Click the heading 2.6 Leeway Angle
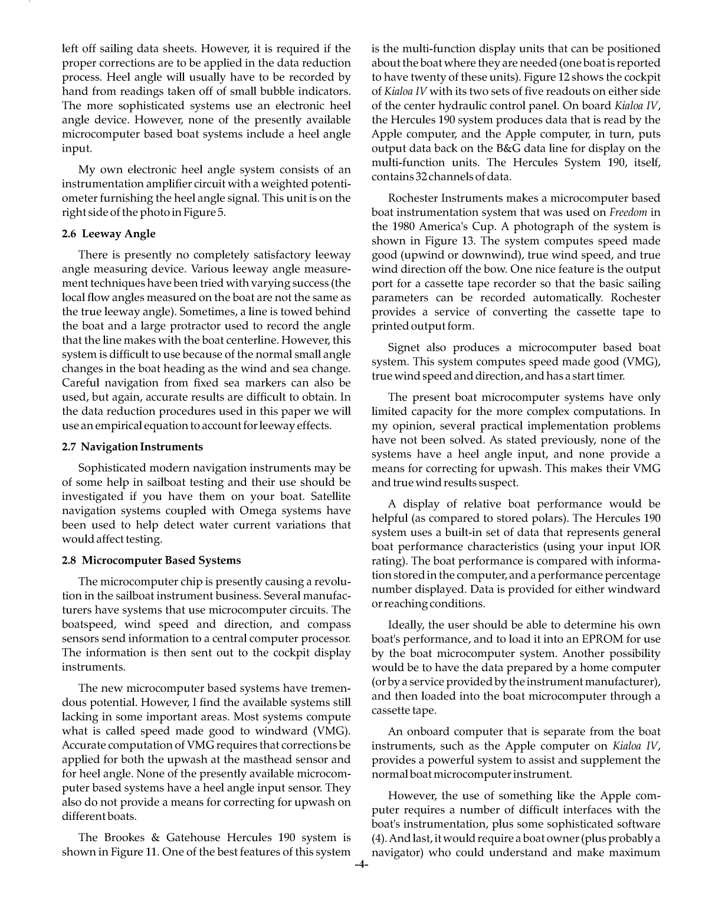tap(109, 234)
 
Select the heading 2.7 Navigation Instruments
tap(132, 447)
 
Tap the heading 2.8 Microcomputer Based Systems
tap(152, 560)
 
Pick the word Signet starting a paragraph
tap(404, 348)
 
